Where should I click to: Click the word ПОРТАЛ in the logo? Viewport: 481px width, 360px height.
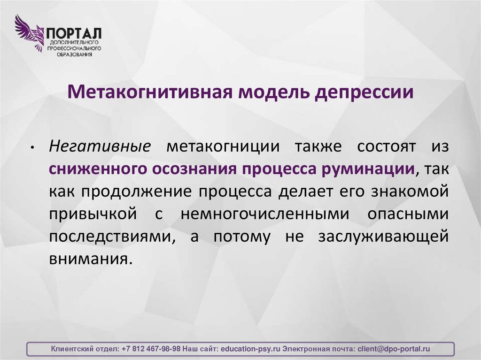pyautogui.click(x=73, y=33)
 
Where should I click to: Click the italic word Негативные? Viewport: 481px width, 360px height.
pyautogui.click(x=100, y=146)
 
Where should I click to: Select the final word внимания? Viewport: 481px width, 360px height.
pyautogui.click(x=87, y=259)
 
